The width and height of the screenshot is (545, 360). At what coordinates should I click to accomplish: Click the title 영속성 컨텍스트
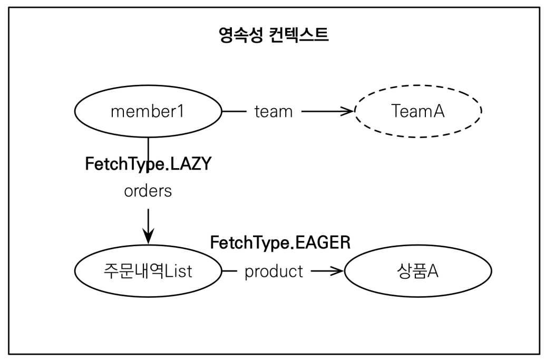point(274,36)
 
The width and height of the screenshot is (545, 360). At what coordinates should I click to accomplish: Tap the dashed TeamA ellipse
point(418,112)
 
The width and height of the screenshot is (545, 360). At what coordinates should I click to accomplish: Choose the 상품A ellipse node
point(417,272)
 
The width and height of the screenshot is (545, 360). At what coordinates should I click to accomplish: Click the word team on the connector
point(273,112)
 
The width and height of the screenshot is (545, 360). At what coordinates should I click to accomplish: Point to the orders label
point(148,191)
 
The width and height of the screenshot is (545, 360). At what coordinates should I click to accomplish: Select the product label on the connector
point(274,272)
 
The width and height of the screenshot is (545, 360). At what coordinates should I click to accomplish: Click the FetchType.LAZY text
point(148,164)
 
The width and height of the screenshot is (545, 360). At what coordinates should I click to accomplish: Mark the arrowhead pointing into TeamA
point(348,112)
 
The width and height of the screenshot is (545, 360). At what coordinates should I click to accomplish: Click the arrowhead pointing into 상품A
point(338,272)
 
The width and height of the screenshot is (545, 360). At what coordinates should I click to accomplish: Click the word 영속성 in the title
point(240,36)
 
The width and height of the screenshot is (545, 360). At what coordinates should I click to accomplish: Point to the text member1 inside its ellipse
point(148,112)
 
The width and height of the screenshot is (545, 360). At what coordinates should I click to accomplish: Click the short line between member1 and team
point(235,112)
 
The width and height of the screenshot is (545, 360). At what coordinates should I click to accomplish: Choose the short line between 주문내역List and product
point(230,272)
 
